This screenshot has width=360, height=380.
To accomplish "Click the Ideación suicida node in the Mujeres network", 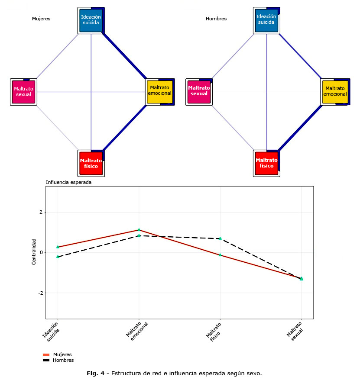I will click(91, 20).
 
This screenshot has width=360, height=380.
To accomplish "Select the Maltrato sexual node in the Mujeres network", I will click(23, 92).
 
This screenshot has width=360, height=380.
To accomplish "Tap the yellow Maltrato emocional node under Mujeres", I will click(159, 91).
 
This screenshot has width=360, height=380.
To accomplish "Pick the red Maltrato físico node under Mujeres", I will click(91, 163).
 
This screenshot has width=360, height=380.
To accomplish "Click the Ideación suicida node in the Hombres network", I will click(266, 20).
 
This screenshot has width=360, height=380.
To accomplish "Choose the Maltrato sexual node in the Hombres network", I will click(199, 92).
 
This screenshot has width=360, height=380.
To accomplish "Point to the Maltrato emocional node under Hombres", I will click(335, 91).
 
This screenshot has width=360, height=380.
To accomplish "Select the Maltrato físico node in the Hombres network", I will click(266, 163).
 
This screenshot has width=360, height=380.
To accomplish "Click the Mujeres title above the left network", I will click(41, 19).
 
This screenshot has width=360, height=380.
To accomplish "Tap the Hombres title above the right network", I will click(216, 19).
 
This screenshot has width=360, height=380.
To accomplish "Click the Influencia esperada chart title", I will click(68, 182).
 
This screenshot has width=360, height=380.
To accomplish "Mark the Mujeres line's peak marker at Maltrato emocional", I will click(139, 230).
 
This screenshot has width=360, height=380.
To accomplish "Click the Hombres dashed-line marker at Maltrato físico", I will click(220, 238).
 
